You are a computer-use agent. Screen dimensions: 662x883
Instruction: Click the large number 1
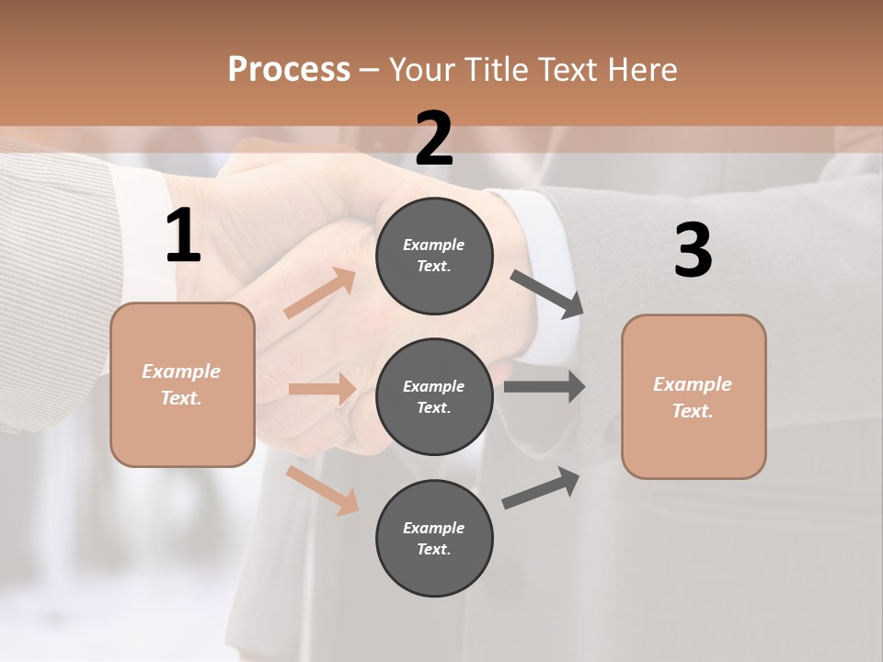[183, 236]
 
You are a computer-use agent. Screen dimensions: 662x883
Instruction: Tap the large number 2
[434, 139]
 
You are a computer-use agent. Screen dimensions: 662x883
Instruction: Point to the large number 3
[693, 251]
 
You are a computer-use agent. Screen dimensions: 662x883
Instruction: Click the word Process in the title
[289, 69]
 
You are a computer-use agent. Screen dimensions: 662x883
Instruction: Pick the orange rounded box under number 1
[182, 384]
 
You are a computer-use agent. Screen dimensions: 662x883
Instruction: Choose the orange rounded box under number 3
[694, 396]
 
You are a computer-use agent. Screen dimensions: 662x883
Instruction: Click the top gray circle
[434, 256]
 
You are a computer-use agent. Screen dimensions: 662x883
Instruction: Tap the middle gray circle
[434, 396]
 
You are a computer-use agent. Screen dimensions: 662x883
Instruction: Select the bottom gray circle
[434, 538]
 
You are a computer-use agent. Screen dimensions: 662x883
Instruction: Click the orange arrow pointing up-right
[320, 293]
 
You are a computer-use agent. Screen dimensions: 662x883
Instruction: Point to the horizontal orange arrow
[322, 389]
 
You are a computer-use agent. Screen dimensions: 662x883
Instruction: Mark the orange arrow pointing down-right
[323, 490]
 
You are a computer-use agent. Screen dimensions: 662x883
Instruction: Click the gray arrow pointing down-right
[548, 294]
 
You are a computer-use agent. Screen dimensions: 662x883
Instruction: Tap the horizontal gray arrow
[545, 386]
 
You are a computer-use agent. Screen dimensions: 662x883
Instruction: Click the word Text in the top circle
[432, 267]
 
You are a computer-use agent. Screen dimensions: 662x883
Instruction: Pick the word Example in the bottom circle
[433, 528]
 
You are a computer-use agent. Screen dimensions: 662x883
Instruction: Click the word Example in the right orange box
[693, 384]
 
